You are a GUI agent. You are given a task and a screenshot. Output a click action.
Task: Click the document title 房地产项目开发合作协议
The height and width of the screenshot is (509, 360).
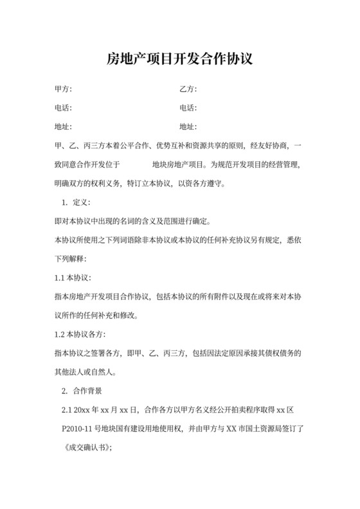pyautogui.click(x=180, y=60)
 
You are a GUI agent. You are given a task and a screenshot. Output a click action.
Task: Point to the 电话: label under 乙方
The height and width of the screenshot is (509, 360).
pyautogui.click(x=188, y=107)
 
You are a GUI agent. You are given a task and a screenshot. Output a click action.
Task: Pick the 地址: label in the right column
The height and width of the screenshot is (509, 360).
pyautogui.click(x=188, y=126)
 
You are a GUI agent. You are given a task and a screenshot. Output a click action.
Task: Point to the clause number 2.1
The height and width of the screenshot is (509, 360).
pyautogui.click(x=65, y=409)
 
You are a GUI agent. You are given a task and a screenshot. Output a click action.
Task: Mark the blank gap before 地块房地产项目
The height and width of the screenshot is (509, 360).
pyautogui.click(x=136, y=164)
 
